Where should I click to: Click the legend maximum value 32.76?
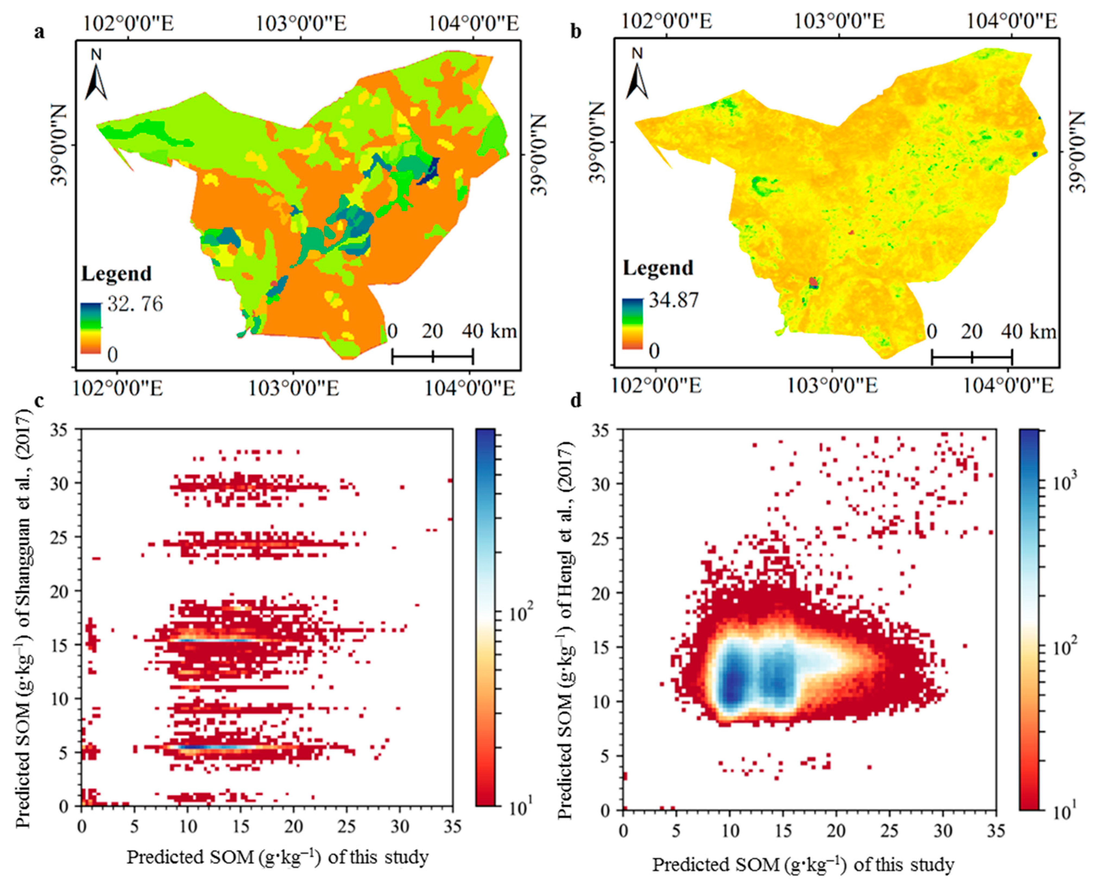click(x=135, y=305)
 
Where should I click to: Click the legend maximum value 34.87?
click(x=673, y=300)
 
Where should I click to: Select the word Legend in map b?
click(x=658, y=268)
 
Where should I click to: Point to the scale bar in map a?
click(x=432, y=356)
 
